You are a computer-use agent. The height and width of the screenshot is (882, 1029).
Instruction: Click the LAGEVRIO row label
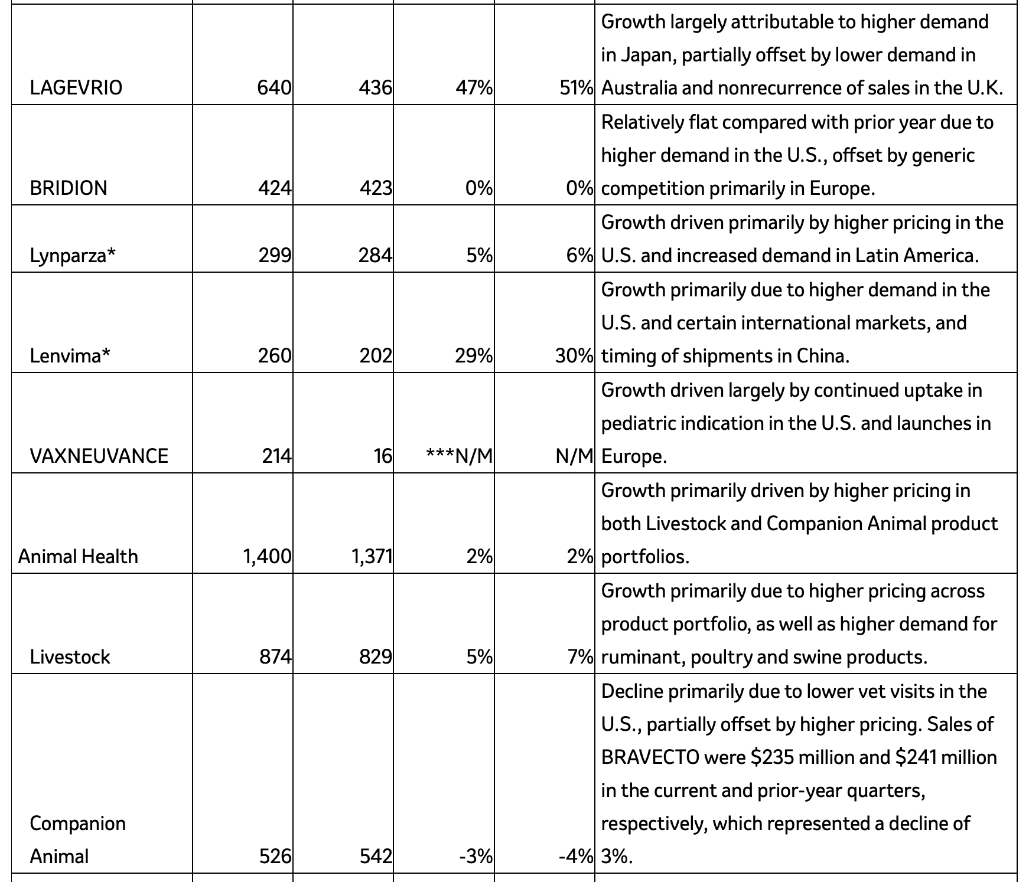pos(76,88)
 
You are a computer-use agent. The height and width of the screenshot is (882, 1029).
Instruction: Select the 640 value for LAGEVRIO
pos(274,88)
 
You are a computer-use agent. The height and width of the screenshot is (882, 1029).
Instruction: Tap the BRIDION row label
pos(69,188)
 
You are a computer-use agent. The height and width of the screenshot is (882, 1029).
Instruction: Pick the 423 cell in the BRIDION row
pos(376,188)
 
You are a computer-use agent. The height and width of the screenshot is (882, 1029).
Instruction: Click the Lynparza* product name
pos(73,256)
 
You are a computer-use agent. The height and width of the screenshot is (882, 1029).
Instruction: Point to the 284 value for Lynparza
pos(376,256)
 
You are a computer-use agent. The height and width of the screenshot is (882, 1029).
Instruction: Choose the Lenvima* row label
pos(70,356)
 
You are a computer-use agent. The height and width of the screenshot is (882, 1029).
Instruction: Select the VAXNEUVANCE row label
pos(99,456)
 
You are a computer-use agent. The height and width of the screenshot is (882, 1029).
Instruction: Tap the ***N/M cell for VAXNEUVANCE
pos(460,456)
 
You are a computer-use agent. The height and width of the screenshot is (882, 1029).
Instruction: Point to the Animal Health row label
pos(78,557)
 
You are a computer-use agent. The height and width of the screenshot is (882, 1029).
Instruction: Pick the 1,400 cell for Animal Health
pos(267,557)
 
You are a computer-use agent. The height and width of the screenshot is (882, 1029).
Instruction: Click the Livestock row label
pos(70,657)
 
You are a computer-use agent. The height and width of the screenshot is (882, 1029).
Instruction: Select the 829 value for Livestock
pos(376,657)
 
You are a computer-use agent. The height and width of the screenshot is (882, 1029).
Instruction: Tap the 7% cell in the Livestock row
pos(580,657)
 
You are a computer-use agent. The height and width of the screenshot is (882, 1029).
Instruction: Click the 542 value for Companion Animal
pos(376,857)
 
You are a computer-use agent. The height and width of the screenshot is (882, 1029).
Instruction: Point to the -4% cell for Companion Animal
pos(576,857)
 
